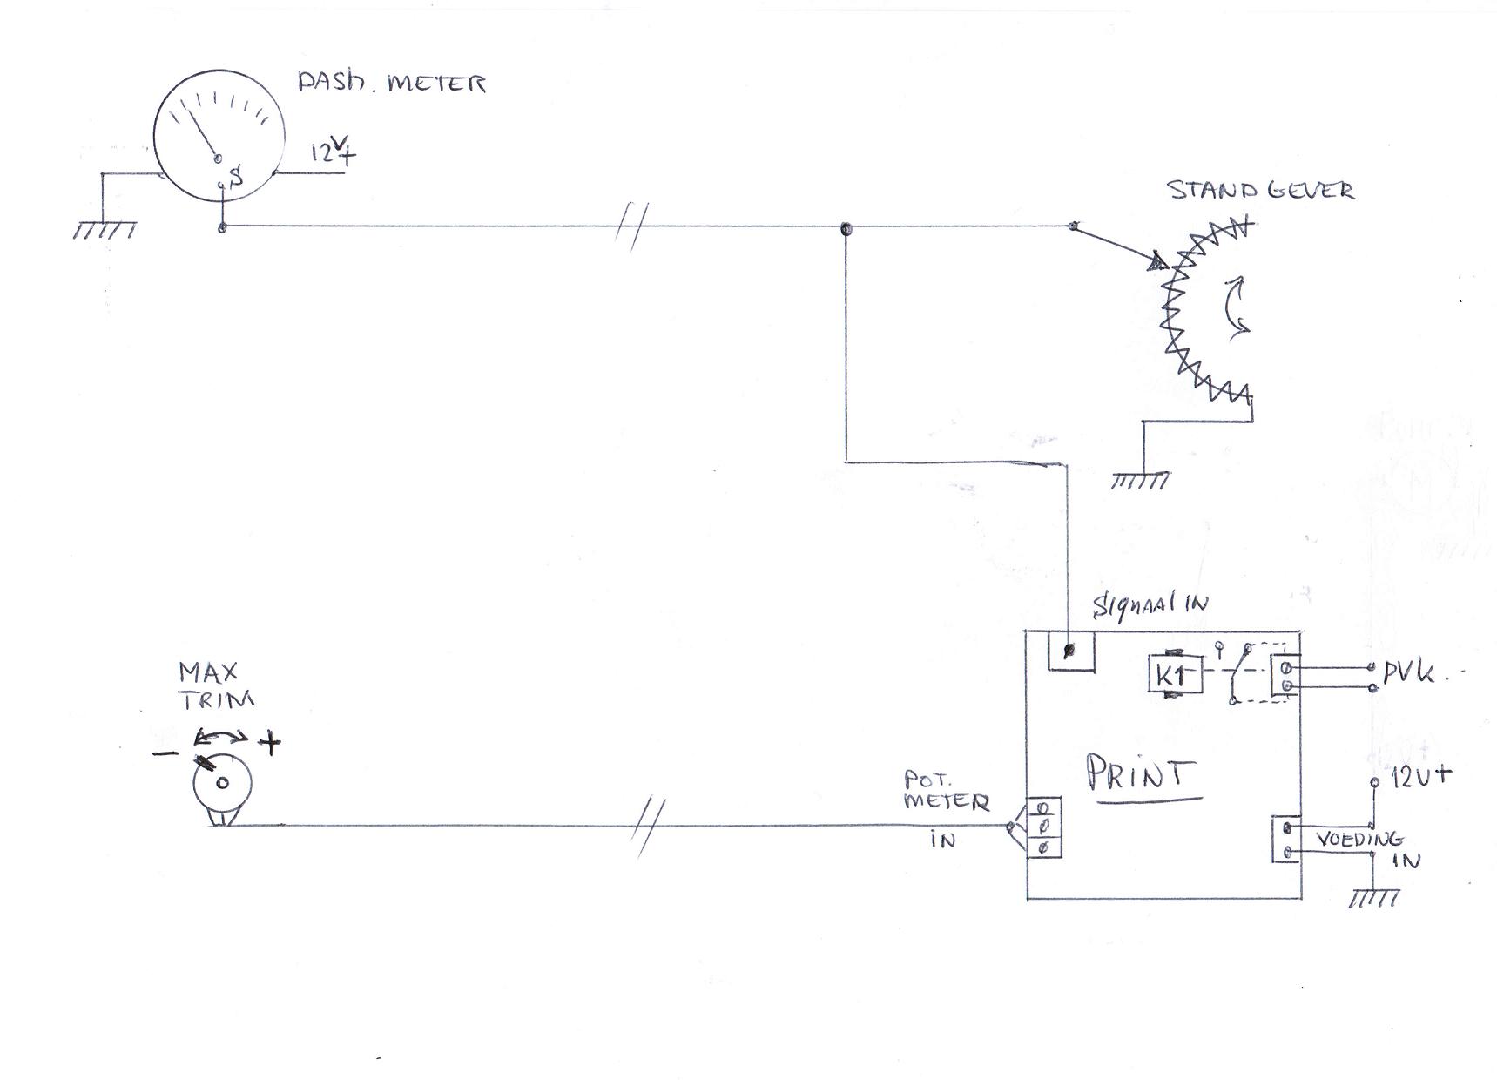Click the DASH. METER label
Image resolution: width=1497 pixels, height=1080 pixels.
[x=391, y=83]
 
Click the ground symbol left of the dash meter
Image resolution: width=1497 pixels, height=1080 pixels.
[x=104, y=231]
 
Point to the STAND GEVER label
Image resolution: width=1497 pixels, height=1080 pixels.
[x=1261, y=191]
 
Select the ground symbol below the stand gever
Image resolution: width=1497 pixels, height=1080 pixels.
[x=1139, y=480]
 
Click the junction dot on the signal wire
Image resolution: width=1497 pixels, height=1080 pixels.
[x=845, y=229]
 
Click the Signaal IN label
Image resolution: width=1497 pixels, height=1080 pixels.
[x=1150, y=603]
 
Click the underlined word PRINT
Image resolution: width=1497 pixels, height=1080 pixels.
[x=1141, y=774]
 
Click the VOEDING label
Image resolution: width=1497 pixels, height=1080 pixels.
[x=1359, y=840]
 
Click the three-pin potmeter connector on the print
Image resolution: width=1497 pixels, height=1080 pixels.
[x=1043, y=827]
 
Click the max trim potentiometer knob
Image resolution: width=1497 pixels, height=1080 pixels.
[x=222, y=782]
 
